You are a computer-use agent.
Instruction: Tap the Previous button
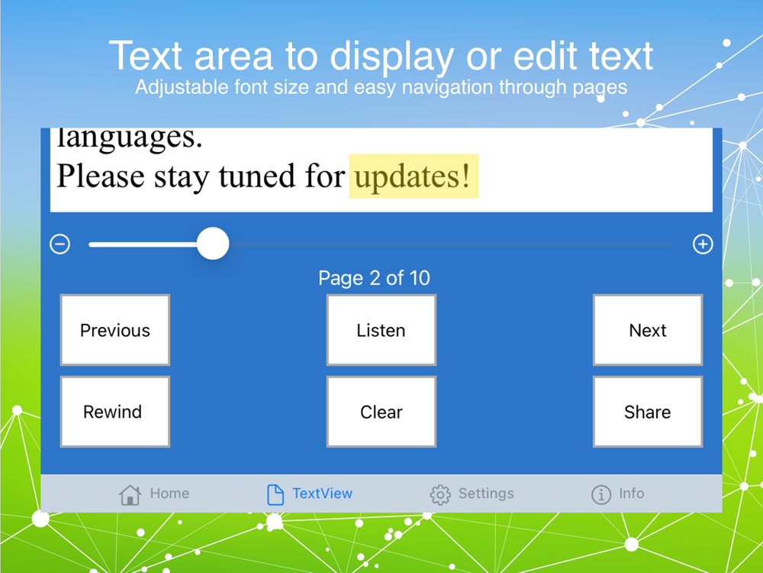115,330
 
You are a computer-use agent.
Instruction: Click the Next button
648,330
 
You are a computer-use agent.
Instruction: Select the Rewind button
115,412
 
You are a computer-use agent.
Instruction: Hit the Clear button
381,412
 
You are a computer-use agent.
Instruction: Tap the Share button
648,412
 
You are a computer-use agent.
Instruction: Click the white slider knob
213,244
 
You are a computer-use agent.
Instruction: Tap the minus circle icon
60,244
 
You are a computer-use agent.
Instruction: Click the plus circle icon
703,244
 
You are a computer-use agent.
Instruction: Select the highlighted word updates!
413,176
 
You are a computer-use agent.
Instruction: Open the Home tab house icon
130,494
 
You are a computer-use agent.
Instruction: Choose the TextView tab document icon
275,494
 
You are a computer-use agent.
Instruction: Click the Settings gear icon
440,494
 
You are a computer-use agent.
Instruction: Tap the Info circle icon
601,494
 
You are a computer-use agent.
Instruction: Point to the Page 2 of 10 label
374,278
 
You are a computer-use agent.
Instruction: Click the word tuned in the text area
257,176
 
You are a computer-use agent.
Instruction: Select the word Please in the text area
101,176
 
